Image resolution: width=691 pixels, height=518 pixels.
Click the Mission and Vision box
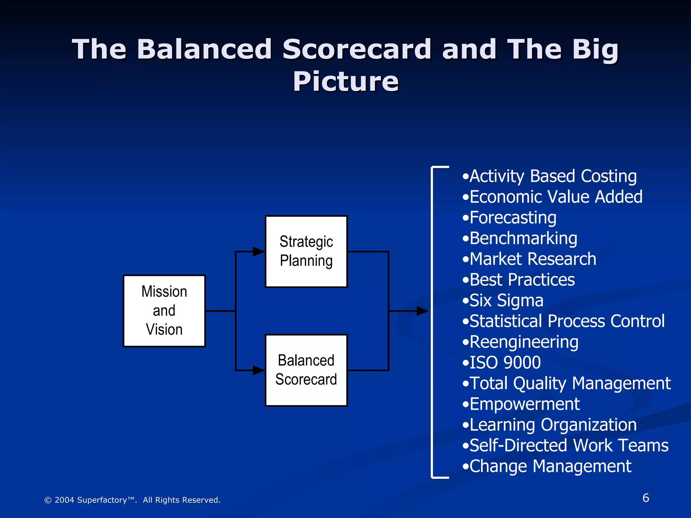[164, 311]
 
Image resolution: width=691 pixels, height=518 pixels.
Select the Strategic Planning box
[306, 252]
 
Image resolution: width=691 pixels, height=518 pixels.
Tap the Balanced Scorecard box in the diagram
[306, 370]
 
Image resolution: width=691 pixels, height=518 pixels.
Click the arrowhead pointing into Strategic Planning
[259, 252]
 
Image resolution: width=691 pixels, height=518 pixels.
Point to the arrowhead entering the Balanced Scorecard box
[259, 370]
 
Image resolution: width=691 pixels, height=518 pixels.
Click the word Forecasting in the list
[513, 218]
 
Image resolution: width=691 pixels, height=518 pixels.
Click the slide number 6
[645, 498]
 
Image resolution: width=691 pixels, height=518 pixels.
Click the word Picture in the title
[345, 82]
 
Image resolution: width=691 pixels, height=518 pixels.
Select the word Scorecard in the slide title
[357, 49]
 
